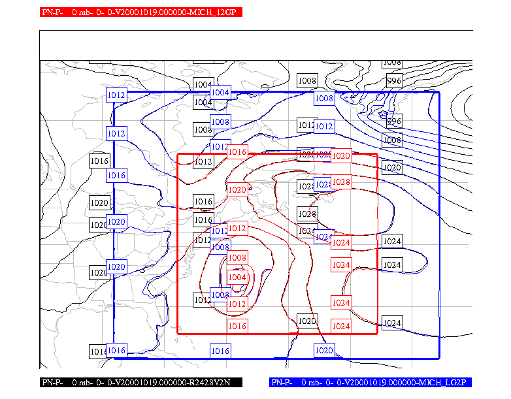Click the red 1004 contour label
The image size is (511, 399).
pyautogui.click(x=237, y=277)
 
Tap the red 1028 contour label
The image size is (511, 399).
pyautogui.click(x=341, y=182)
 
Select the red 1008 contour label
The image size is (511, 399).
pyautogui.click(x=237, y=258)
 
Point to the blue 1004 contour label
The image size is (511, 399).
pyautogui.click(x=220, y=93)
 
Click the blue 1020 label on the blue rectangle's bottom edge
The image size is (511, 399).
pyautogui.click(x=324, y=351)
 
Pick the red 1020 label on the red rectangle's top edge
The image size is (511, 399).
pyautogui.click(x=341, y=155)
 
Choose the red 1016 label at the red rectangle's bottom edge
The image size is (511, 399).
pyautogui.click(x=237, y=326)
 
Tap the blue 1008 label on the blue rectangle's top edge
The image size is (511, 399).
pyautogui.click(x=324, y=99)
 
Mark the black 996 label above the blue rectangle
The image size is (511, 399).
pyautogui.click(x=393, y=81)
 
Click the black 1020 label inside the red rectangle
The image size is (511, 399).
pyautogui.click(x=307, y=321)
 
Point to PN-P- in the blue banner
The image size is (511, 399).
pyautogui.click(x=283, y=382)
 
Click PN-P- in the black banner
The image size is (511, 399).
pyautogui.click(x=52, y=382)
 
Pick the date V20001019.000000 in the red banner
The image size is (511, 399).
pyautogui.click(x=145, y=12)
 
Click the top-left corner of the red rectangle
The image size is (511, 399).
pyautogui.click(x=178, y=155)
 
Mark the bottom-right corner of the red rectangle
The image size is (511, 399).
pyautogui.click(x=378, y=334)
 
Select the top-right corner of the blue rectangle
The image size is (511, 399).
pyautogui.click(x=439, y=92)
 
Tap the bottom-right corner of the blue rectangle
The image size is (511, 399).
pyautogui.click(x=439, y=358)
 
